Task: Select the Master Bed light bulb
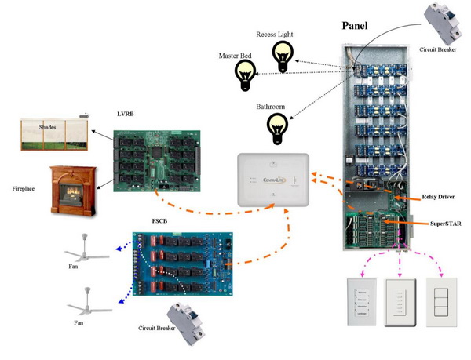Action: click(x=246, y=75)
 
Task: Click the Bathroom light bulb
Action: click(x=277, y=127)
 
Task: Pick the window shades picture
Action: click(x=53, y=134)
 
